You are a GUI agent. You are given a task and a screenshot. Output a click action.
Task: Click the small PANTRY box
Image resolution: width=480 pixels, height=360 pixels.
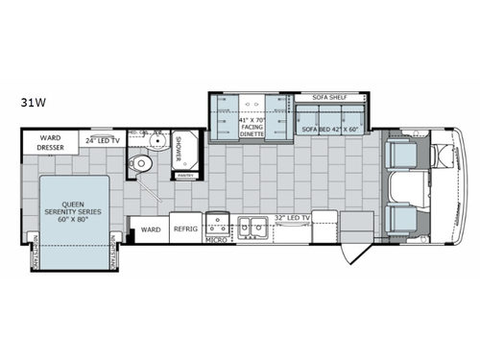tap(184, 175)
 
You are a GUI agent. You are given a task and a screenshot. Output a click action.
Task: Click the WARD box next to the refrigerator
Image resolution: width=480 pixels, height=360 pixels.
tap(150, 230)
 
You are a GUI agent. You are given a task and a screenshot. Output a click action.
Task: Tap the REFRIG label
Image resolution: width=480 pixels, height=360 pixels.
tap(184, 230)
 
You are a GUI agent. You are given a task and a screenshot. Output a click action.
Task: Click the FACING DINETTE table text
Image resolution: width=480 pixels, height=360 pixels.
tap(253, 127)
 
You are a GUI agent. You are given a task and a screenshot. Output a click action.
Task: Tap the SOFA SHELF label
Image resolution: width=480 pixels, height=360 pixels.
tap(332, 98)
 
